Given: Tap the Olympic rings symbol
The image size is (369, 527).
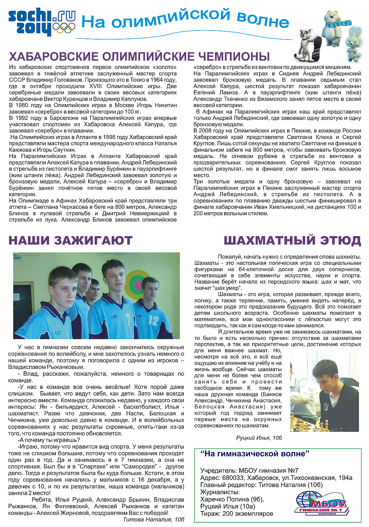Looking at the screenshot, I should pyautogui.click(x=64, y=28).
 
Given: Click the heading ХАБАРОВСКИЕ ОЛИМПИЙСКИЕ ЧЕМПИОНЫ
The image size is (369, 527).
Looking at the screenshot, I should pyautogui.click(x=139, y=57).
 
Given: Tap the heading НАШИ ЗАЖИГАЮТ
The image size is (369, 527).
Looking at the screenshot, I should pyautogui.click(x=70, y=240).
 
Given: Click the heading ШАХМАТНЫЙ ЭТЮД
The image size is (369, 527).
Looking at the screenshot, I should pyautogui.click(x=292, y=240).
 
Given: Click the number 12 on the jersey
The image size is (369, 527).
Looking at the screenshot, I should pyautogui.click(x=153, y=320).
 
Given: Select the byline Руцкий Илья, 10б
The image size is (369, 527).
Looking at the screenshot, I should pyautogui.click(x=259, y=438).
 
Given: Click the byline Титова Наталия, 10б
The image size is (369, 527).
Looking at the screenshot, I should pyautogui.click(x=153, y=519).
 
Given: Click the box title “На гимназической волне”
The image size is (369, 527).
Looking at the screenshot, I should pyautogui.click(x=255, y=453).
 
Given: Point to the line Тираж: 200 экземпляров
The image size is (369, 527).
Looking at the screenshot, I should pyautogui.click(x=237, y=513).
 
